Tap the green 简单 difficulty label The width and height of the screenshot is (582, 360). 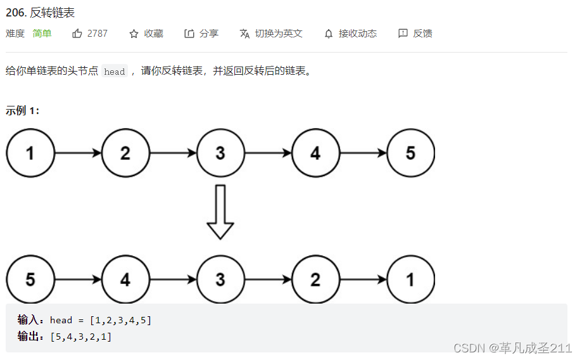pos(42,34)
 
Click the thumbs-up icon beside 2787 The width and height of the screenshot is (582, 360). pos(77,34)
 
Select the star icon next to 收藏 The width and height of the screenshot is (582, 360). pos(134,34)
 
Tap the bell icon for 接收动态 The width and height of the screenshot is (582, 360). pos(329,34)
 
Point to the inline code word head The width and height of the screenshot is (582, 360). pos(115,72)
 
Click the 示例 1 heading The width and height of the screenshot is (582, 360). pos(23,110)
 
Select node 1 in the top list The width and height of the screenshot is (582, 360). pos(30,153)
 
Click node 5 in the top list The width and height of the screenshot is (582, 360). pos(410,153)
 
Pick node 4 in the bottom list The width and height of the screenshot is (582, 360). pos(125,280)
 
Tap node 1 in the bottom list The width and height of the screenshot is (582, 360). pos(410,280)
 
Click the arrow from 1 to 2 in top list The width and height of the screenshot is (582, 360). pos(78,153)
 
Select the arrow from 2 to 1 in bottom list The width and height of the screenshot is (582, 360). pos(363,280)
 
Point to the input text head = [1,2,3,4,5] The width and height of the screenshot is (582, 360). pos(101,320)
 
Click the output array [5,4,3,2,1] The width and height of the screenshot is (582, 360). pos(81,337)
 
